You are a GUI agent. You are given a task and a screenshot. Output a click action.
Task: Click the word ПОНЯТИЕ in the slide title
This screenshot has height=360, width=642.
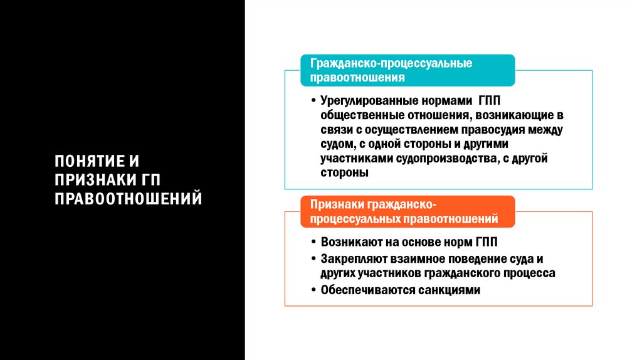85,161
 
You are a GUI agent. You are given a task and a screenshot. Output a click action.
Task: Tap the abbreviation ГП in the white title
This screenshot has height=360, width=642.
150,180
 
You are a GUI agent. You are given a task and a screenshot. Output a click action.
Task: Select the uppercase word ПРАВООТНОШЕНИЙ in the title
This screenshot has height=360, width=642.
128,199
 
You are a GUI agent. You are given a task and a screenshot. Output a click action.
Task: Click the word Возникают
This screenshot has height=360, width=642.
347,242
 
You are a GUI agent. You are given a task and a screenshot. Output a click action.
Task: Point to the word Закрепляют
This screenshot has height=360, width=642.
349,258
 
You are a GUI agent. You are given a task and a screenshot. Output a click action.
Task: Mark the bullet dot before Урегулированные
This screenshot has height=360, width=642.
313,102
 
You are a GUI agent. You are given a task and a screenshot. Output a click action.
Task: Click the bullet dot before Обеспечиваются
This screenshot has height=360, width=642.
313,290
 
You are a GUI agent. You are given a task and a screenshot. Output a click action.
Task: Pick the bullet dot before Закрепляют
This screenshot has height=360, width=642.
313,259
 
